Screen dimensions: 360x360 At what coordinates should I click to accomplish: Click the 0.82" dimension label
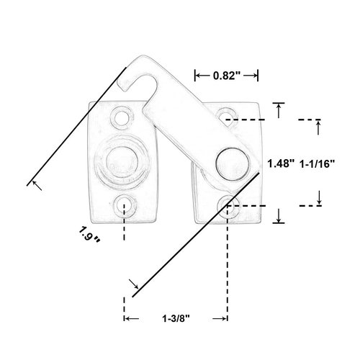click(x=227, y=74)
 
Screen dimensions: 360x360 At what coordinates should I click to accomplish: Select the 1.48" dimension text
click(x=280, y=163)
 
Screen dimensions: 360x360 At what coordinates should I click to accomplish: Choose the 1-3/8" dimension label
click(x=176, y=318)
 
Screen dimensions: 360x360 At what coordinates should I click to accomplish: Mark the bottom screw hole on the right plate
click(x=228, y=204)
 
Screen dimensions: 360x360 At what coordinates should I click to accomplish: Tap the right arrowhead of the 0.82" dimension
click(x=257, y=74)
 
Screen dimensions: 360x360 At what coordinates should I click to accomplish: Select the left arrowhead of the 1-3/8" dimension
click(x=127, y=318)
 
